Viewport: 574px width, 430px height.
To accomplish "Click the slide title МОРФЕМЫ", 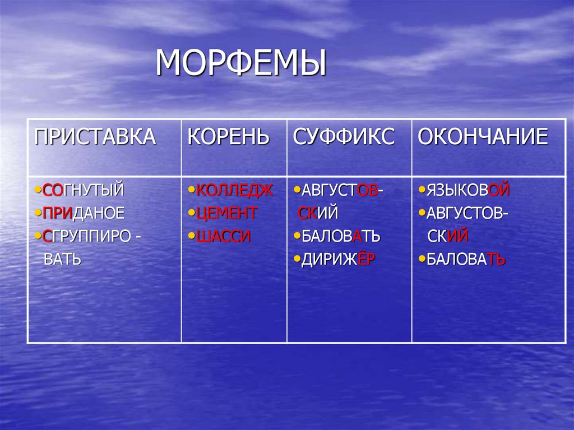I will [x=240, y=63].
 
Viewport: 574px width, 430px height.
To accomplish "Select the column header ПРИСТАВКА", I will [x=95, y=137].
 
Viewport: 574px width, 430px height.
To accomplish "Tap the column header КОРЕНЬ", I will [x=228, y=137].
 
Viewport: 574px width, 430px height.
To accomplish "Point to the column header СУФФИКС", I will [x=344, y=137].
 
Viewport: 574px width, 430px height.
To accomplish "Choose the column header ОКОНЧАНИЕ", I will [x=483, y=137].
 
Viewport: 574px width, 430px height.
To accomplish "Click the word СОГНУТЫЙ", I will [x=82, y=191].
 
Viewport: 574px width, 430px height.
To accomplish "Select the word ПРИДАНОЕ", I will [x=83, y=214].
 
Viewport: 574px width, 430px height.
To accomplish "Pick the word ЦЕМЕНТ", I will [x=227, y=214].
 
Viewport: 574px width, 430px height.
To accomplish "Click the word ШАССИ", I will [x=223, y=237].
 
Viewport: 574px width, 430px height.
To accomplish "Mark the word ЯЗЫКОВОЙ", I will [x=467, y=191].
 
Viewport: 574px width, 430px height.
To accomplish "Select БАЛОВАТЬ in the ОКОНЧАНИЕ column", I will [x=466, y=260].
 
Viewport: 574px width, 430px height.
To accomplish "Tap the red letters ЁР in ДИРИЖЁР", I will [x=366, y=260].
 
